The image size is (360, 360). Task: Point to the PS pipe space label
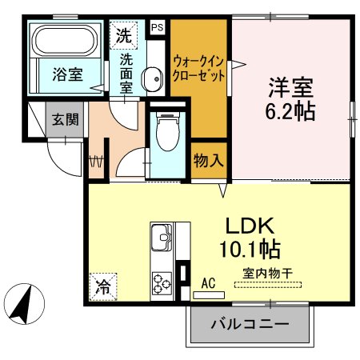[157, 26]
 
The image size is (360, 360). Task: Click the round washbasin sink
[150, 77]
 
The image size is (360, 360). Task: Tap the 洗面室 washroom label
[126, 74]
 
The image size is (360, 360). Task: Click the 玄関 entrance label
[66, 120]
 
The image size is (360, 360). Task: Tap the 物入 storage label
[207, 160]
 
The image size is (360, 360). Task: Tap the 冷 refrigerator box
[105, 283]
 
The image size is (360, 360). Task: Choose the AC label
[208, 282]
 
